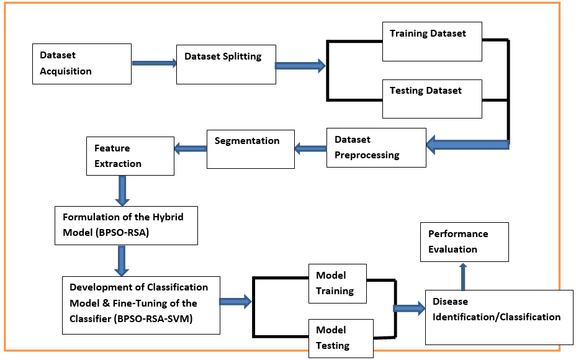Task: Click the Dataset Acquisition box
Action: [81, 63]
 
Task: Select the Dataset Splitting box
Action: [226, 63]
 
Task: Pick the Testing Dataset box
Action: [432, 98]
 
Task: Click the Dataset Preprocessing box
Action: [376, 148]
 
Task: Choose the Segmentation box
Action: [250, 148]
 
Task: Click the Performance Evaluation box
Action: [464, 241]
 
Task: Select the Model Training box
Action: [338, 283]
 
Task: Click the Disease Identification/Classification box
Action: [498, 317]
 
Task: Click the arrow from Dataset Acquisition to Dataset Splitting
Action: [154, 63]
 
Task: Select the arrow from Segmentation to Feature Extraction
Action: [190, 148]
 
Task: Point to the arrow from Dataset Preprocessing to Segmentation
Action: [310, 148]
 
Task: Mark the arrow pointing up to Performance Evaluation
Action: [462, 276]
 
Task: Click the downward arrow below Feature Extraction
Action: [122, 190]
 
